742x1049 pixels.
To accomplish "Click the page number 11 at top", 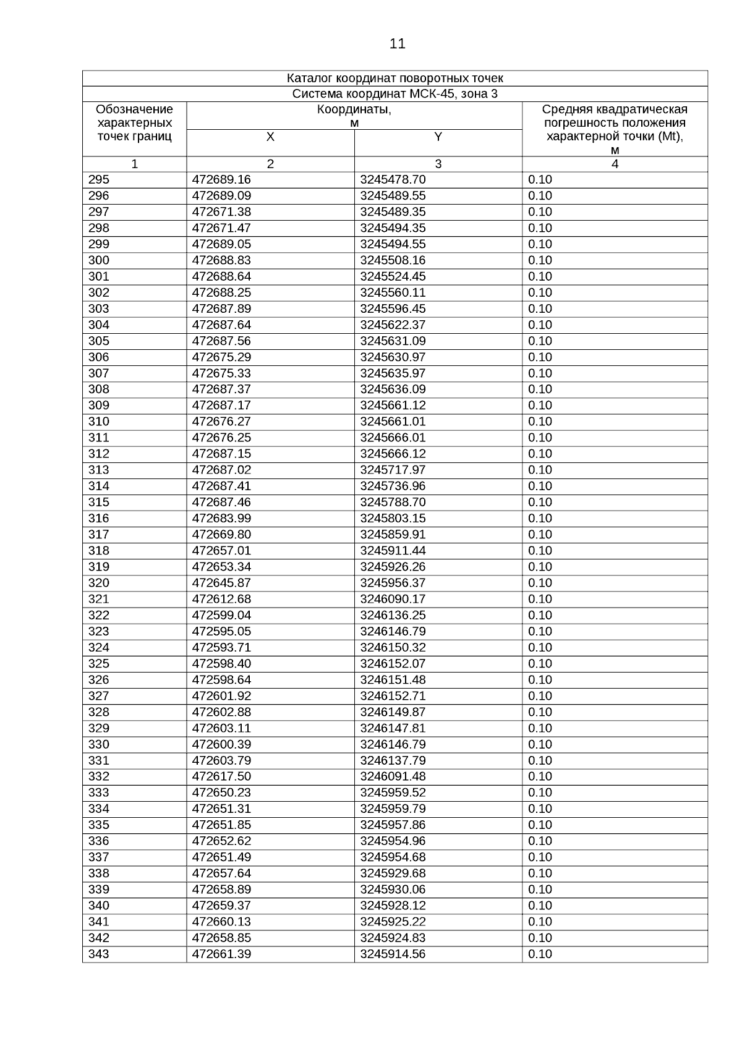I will [398, 44].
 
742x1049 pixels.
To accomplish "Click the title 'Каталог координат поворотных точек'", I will [394, 79].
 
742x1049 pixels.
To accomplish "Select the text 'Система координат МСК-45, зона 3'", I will [394, 94].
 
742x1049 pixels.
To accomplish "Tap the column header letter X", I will [270, 137].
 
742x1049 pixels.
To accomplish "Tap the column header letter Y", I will [438, 137].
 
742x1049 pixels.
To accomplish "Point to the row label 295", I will [99, 180].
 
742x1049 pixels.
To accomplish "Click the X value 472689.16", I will [221, 180].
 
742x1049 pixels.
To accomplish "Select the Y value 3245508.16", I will [393, 260].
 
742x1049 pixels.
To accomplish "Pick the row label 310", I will [99, 422].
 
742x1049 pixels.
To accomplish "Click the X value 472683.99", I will [221, 519].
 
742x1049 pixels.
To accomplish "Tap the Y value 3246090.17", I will [393, 599].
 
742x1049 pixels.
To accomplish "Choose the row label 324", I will [99, 648].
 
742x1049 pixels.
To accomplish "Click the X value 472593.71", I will [221, 648].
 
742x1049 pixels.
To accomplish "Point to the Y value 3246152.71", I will [393, 696].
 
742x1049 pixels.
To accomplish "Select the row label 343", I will [99, 954].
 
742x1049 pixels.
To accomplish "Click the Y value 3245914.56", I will [393, 954].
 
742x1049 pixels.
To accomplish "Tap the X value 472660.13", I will [221, 922].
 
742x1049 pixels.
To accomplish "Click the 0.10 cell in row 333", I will [540, 793].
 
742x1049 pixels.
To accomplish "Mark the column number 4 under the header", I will [615, 164].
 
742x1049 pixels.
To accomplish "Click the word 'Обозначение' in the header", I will [134, 110].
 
